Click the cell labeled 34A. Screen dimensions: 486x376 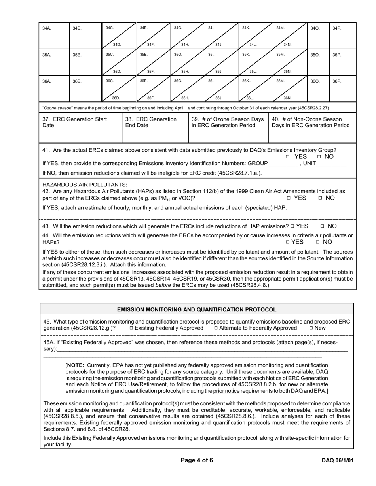pyautogui.click(x=54, y=36)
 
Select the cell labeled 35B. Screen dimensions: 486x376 pyautogui.click(x=85, y=62)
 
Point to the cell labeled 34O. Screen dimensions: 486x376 pyautogui.click(x=319, y=36)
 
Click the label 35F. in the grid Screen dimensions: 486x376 pyautogui.click(x=151, y=72)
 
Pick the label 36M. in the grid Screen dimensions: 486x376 pyautogui.click(x=281, y=81)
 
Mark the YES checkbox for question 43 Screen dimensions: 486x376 pyautogui.click(x=292, y=226)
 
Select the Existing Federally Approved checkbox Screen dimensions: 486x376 pyautogui.click(x=131, y=328)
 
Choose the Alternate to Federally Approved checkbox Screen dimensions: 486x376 pyautogui.click(x=216, y=328)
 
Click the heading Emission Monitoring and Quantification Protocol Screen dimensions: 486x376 pyautogui.click(x=197, y=309)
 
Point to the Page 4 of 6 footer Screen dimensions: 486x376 pyautogui.click(x=197, y=460)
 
